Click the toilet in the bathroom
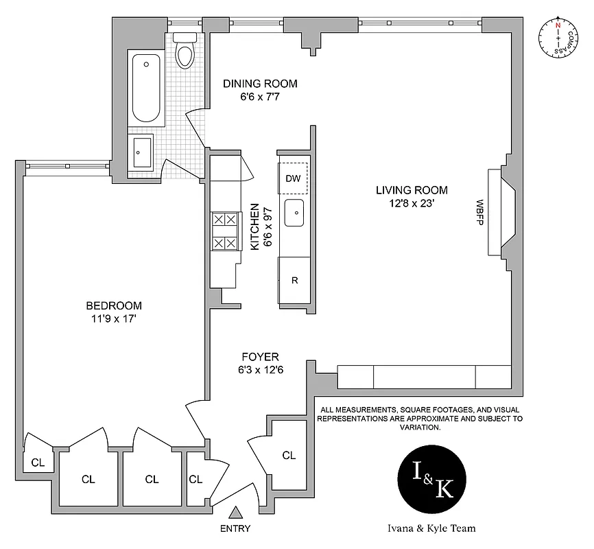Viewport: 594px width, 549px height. tap(185, 52)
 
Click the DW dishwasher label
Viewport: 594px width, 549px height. tap(293, 178)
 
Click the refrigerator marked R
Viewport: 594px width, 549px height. tap(294, 280)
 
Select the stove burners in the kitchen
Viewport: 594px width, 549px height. tap(225, 231)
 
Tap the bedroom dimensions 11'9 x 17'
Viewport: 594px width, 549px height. tap(114, 318)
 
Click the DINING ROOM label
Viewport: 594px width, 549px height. tap(260, 84)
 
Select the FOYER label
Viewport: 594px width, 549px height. tap(260, 357)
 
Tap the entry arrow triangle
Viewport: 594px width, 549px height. tap(235, 512)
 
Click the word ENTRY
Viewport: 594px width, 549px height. tap(235, 528)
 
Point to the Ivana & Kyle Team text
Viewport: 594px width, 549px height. tap(431, 528)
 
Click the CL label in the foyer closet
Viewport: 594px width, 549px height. tap(289, 455)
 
